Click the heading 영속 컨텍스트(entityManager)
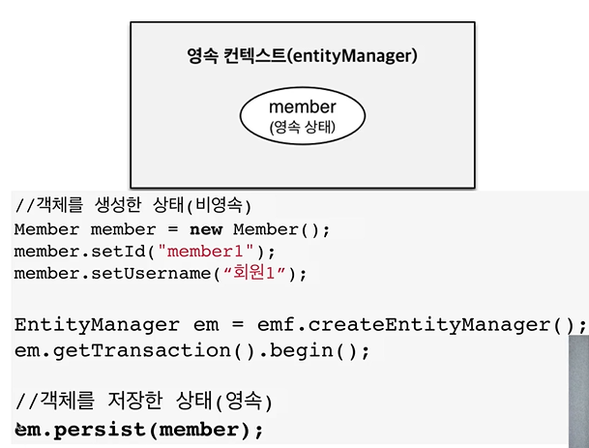pos(302,56)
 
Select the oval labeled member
pos(302,115)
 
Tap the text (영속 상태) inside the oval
pos(302,126)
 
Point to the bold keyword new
pos(206,230)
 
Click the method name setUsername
pos(145,273)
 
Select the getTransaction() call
pos(121,349)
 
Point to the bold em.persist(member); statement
pos(140,428)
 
